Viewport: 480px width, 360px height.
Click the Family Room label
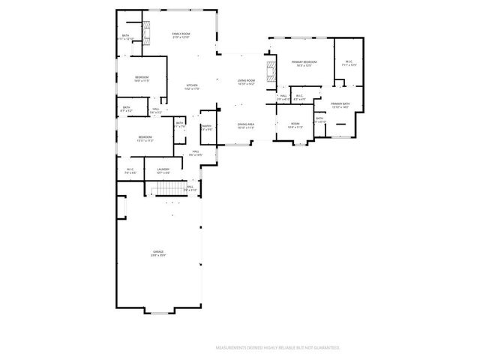pos(181,35)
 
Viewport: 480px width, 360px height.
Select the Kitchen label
pos(192,87)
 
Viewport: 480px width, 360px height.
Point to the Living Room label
pos(247,82)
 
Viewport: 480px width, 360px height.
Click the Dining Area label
pos(246,126)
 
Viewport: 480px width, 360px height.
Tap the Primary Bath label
pos(340,105)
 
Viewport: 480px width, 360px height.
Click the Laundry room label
pos(163,171)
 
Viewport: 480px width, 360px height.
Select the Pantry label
pos(206,127)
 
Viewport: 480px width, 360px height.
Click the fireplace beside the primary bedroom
pos(270,73)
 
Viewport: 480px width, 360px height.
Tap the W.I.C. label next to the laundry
pos(130,171)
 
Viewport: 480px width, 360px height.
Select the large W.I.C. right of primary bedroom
pos(349,63)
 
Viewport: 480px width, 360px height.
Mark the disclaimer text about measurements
pos(278,348)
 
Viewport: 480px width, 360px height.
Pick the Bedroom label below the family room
pos(142,79)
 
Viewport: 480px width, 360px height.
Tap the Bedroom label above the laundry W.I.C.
pos(145,138)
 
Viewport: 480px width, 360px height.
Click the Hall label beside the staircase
pos(190,188)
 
